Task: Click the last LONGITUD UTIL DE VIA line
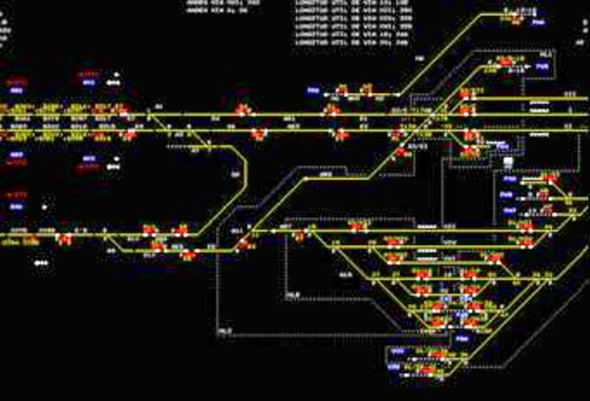pyautogui.click(x=352, y=43)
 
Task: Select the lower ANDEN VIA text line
pyautogui.click(x=217, y=10)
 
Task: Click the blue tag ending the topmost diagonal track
pyautogui.click(x=538, y=22)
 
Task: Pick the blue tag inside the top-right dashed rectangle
pyautogui.click(x=542, y=66)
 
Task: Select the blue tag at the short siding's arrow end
pyautogui.click(x=313, y=91)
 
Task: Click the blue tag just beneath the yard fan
pyautogui.click(x=462, y=339)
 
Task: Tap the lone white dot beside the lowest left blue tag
pyautogui.click(x=45, y=207)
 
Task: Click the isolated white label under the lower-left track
pyautogui.click(x=41, y=263)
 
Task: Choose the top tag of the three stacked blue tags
pyautogui.click(x=510, y=179)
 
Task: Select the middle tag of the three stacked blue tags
pyautogui.click(x=506, y=195)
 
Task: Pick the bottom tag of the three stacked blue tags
pyautogui.click(x=509, y=211)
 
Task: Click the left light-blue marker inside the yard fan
pyautogui.click(x=446, y=298)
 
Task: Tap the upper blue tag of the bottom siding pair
pyautogui.click(x=398, y=351)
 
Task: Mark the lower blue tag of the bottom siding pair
pyautogui.click(x=394, y=367)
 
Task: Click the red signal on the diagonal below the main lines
pyautogui.click(x=401, y=152)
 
